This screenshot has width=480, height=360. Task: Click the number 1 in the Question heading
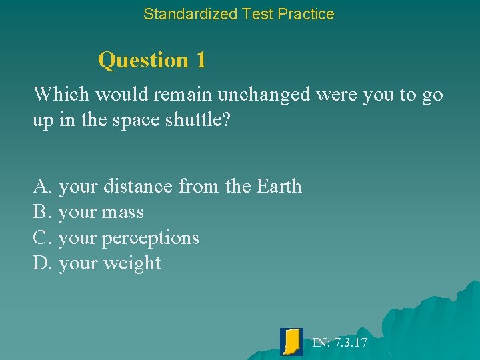point(201,60)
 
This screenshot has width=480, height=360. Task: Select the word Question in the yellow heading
point(143,61)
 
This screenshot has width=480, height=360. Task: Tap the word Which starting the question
point(62,95)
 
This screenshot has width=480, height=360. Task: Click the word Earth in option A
point(279,187)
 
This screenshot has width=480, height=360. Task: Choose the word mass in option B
point(123,213)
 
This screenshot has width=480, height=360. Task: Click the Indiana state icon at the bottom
point(292,341)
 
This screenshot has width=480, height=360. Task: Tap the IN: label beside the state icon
point(321,343)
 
